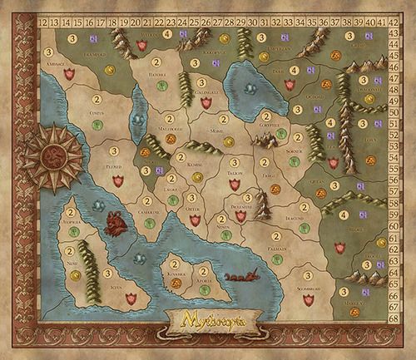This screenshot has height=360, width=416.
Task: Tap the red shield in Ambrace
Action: pyautogui.click(x=69, y=73)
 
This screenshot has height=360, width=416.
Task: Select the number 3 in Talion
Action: pyautogui.click(x=235, y=163)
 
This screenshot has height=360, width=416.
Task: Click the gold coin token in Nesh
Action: pyautogui.click(x=75, y=274)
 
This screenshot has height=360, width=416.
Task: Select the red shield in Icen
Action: pyautogui.click(x=130, y=296)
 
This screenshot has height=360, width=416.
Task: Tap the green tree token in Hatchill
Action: pyautogui.click(x=161, y=85)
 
